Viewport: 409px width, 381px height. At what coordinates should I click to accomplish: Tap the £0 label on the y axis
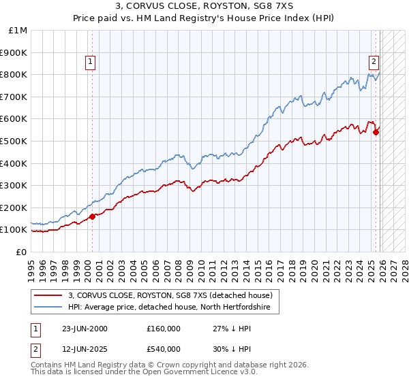coord(22,252)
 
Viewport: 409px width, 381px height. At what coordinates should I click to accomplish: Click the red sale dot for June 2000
coord(93,216)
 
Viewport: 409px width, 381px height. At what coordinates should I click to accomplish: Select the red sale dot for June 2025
coord(376,132)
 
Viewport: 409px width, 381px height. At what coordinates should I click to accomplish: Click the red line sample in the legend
coord(49,295)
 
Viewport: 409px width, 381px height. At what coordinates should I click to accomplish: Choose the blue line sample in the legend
coord(49,308)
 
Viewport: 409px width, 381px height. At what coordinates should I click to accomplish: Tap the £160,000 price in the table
coord(164,328)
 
